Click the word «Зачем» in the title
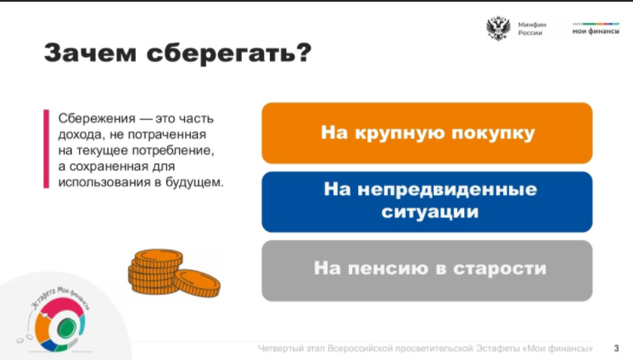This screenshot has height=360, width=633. (90, 53)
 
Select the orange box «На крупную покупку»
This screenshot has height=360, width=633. (427, 133)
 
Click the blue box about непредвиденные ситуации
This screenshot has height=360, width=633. (427, 201)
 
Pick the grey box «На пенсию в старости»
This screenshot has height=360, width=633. (427, 271)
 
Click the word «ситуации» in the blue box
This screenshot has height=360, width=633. (430, 211)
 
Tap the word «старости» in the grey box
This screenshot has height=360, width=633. (500, 268)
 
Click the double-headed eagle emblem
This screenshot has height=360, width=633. (499, 28)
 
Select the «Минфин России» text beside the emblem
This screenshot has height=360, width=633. (532, 29)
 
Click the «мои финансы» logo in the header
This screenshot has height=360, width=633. (596, 29)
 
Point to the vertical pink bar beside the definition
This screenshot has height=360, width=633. (46, 149)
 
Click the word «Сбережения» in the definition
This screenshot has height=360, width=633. (97, 118)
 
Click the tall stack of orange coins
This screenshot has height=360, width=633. (155, 271)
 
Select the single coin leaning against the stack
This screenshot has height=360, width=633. (197, 283)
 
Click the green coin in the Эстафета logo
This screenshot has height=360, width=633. (67, 328)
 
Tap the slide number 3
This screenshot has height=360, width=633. (616, 348)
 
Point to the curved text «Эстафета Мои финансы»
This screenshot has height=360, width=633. (60, 296)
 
